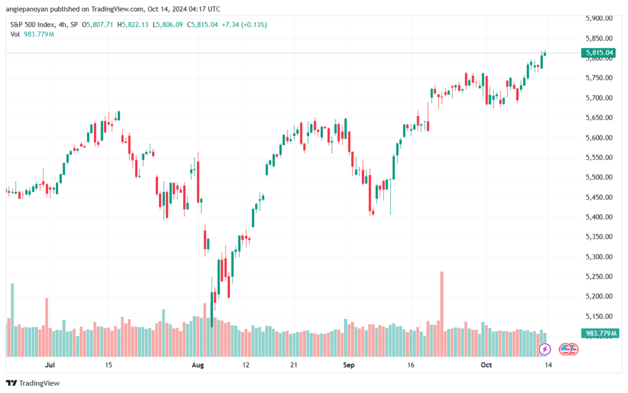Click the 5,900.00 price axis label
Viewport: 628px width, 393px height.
coord(599,18)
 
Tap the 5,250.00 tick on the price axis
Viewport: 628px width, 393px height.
coord(599,277)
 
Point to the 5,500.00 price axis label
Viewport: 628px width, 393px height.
coord(599,177)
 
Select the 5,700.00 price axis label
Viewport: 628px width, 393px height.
coord(599,98)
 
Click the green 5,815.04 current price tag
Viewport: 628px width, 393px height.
coord(599,53)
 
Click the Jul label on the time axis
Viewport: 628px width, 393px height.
coord(50,365)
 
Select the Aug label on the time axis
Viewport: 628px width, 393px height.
coord(198,365)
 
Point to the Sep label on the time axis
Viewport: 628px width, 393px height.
coord(349,365)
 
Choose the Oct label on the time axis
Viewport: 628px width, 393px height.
coord(486,365)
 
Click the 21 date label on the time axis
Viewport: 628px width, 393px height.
coord(294,365)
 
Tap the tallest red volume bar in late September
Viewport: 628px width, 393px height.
coord(442,314)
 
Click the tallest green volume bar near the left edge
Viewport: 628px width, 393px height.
coord(12,320)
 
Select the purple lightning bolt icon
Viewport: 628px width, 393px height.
coord(545,349)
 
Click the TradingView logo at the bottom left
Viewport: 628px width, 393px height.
coord(33,383)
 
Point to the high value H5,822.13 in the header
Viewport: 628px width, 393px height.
coord(133,25)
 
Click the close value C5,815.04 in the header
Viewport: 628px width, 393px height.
coord(202,25)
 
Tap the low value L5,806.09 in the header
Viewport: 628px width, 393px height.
coord(168,25)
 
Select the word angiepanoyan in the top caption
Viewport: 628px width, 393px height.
coord(27,9)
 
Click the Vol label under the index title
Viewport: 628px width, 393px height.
coord(15,34)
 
